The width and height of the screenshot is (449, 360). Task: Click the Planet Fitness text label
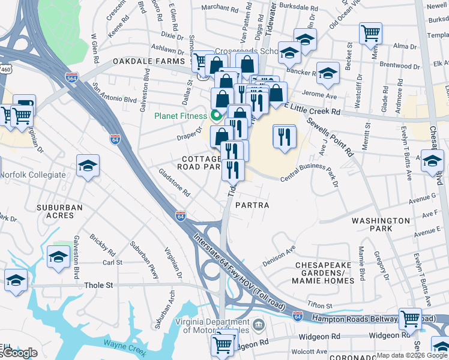click(x=179, y=116)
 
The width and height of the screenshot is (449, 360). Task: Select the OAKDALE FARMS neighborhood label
click(x=149, y=62)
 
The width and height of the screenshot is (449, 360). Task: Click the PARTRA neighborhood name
click(x=252, y=205)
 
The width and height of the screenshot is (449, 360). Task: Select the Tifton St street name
click(x=320, y=305)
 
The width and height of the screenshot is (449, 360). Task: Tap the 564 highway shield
click(x=71, y=77)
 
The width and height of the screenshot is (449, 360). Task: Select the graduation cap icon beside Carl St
click(x=58, y=257)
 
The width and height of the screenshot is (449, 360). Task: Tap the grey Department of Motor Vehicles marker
click(x=258, y=325)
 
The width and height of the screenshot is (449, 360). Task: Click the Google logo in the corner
click(x=19, y=353)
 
